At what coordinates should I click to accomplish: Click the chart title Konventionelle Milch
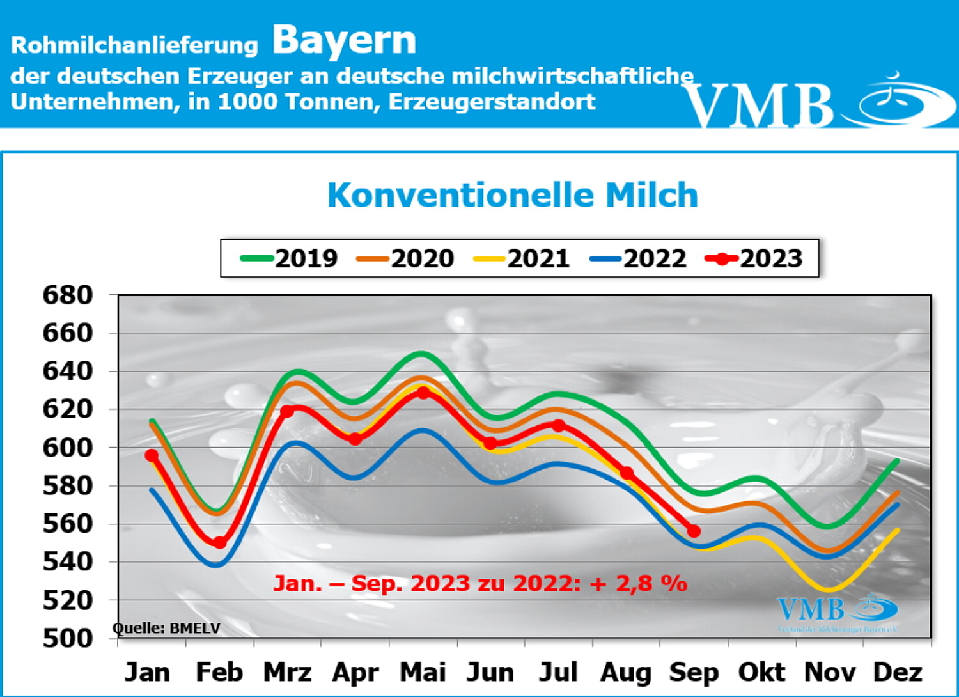(x=512, y=195)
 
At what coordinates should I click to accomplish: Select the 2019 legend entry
(x=290, y=258)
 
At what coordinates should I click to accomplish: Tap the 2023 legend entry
(x=754, y=258)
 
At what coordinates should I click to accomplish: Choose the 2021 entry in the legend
(x=522, y=258)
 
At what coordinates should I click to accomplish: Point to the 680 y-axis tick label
(x=67, y=295)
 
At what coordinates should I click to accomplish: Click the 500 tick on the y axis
(x=67, y=638)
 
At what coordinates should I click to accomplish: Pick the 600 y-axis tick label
(x=67, y=448)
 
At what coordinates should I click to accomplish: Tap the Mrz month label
(x=287, y=673)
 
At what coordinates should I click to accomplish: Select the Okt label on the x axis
(x=761, y=673)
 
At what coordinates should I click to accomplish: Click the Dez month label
(x=898, y=673)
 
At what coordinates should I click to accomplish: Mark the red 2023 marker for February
(x=219, y=543)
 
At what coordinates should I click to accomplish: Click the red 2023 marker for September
(x=694, y=531)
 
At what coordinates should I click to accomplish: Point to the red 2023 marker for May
(x=423, y=393)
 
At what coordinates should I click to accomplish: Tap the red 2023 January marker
(x=152, y=455)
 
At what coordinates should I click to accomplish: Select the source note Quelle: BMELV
(x=166, y=629)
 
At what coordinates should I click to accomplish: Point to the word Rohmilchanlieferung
(x=134, y=45)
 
